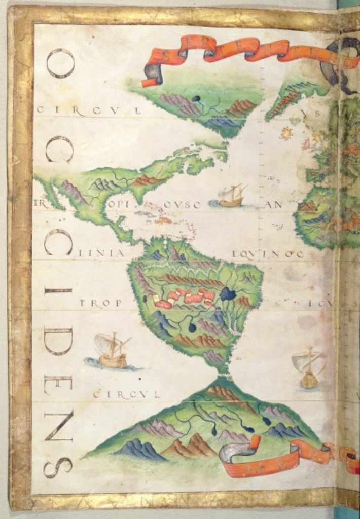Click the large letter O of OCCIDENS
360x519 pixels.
(x=60, y=63)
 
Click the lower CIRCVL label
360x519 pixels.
(x=126, y=394)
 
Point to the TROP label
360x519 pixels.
(x=100, y=303)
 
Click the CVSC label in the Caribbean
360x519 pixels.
(x=182, y=205)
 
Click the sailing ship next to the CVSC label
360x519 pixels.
(x=231, y=196)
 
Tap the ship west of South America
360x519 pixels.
(x=112, y=351)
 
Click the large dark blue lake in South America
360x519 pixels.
(x=228, y=294)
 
